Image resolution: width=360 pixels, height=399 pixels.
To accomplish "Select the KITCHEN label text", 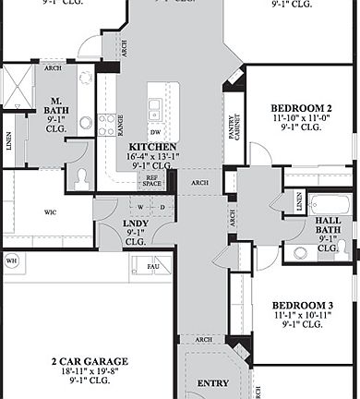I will tap(152, 147).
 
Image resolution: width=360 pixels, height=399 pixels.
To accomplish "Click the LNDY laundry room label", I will tap(137, 223).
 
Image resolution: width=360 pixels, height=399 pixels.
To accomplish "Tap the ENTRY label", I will tap(214, 382).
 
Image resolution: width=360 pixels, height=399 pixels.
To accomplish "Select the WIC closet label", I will tap(50, 211).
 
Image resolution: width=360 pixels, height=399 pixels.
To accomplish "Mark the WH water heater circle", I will tap(12, 260).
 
